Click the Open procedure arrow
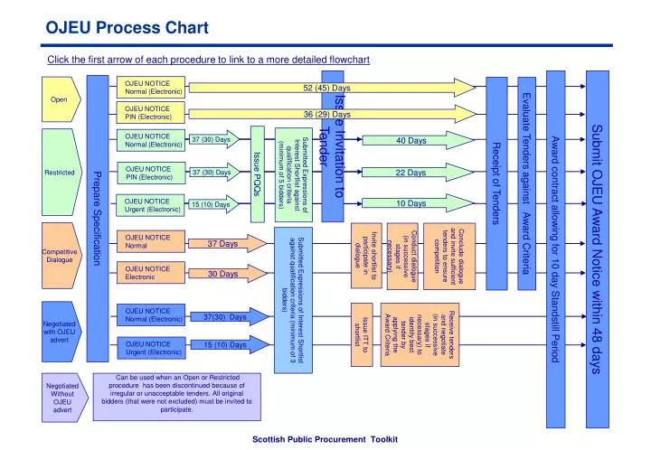tap(61, 99)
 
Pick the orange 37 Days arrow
tap(222, 244)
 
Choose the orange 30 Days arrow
tap(222, 274)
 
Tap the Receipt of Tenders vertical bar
tap(495, 181)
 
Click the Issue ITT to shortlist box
tap(360, 331)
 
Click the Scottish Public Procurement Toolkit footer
tap(324, 437)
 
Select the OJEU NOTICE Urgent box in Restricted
tap(155, 205)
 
